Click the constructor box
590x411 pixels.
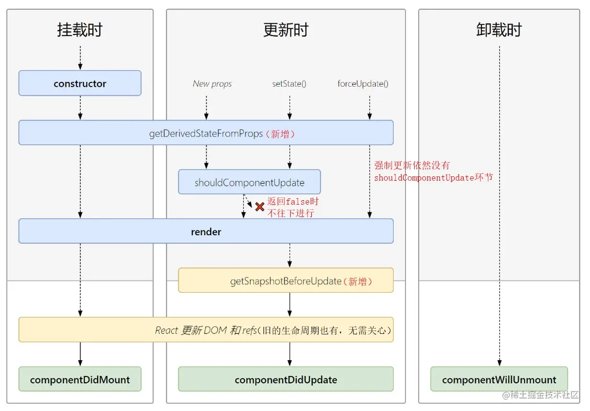pyautogui.click(x=80, y=83)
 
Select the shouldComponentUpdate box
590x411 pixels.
pyautogui.click(x=249, y=183)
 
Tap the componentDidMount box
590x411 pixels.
pyautogui.click(x=80, y=379)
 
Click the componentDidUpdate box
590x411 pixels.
pyautogui.click(x=285, y=379)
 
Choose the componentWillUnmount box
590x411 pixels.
pyautogui.click(x=499, y=379)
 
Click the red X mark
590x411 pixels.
pyautogui.click(x=260, y=207)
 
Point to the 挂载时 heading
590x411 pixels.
pyautogui.click(x=80, y=30)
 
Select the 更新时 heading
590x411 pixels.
pyautogui.click(x=285, y=30)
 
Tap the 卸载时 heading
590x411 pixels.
pyautogui.click(x=499, y=30)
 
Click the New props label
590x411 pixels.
pyautogui.click(x=212, y=84)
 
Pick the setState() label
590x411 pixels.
pyautogui.click(x=289, y=84)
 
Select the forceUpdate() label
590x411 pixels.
pyautogui.click(x=362, y=84)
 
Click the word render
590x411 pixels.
pyautogui.click(x=206, y=232)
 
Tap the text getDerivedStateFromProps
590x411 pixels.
pyautogui.click(x=206, y=134)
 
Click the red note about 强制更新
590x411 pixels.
pyautogui.click(x=433, y=171)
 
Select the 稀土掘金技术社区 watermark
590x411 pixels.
pyautogui.click(x=544, y=395)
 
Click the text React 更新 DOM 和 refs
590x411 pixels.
pyautogui.click(x=206, y=331)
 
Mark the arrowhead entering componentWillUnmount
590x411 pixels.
pyautogui.click(x=499, y=364)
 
